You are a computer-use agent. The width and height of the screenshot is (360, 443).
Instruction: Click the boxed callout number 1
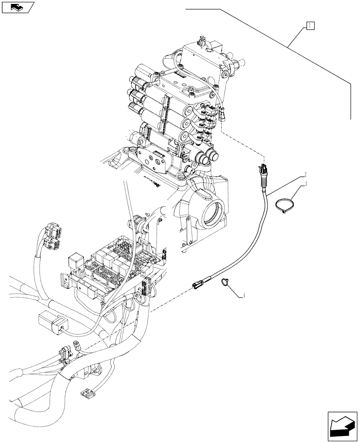coord(309,26)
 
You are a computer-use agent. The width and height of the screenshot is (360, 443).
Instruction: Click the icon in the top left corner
coord(18,7)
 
